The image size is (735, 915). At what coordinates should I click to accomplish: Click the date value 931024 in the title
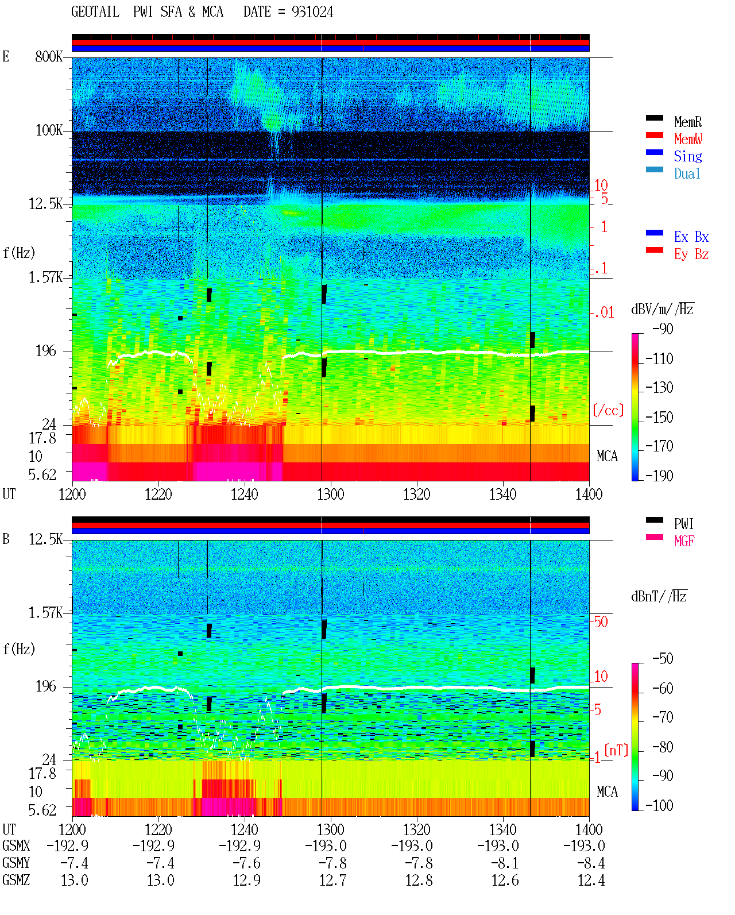(x=312, y=12)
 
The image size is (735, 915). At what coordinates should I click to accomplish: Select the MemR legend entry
(x=687, y=122)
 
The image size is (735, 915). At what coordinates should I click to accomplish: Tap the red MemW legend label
(x=688, y=139)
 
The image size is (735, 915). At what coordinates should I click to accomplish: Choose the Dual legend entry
(x=687, y=173)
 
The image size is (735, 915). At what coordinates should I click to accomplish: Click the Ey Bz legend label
(x=691, y=254)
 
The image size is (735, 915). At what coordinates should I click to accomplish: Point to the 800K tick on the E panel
(x=49, y=56)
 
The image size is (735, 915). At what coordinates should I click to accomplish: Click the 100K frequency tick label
(x=49, y=130)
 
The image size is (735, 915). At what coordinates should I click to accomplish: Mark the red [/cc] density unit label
(x=608, y=410)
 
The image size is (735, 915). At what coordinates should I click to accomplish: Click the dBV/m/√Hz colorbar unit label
(x=663, y=308)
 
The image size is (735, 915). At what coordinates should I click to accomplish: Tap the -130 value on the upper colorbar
(x=659, y=388)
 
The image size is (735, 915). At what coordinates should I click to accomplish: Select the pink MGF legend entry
(x=684, y=541)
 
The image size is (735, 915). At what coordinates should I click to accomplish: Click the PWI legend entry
(x=683, y=523)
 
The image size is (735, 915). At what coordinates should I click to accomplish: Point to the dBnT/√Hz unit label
(x=659, y=597)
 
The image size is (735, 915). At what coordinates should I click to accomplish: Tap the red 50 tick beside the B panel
(x=601, y=622)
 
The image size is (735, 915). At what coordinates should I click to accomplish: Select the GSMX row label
(x=16, y=845)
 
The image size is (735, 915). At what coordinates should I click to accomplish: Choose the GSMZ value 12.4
(x=591, y=880)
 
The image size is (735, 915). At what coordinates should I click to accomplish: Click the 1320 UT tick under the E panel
(x=417, y=494)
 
